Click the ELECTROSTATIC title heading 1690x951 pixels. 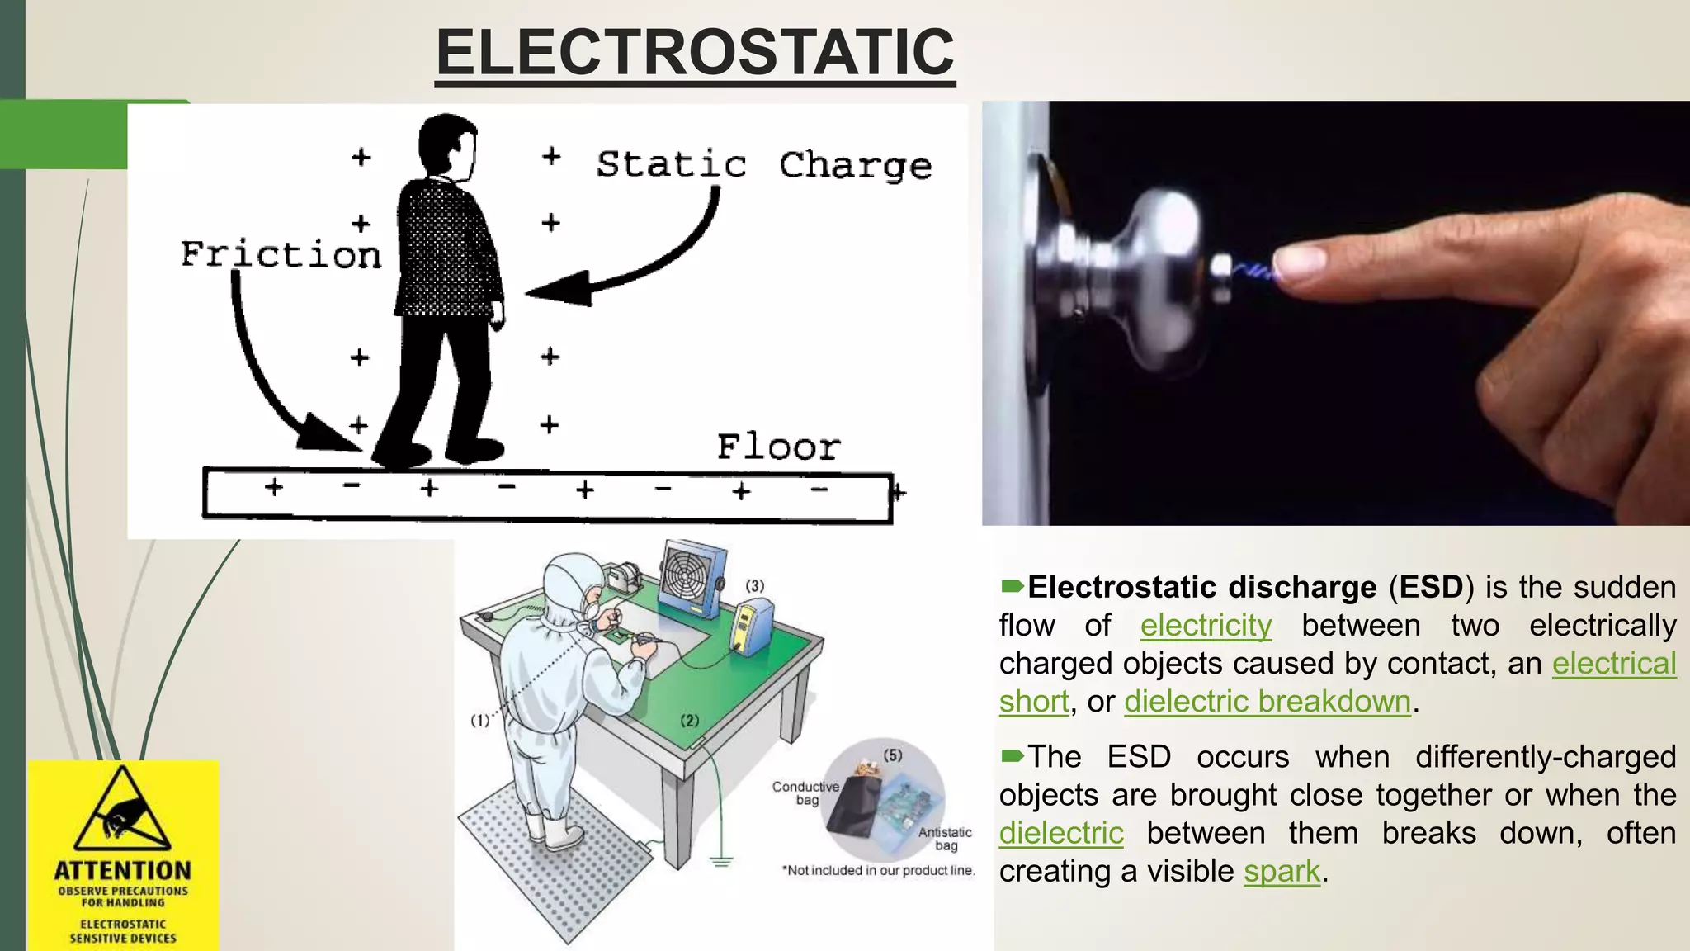point(695,52)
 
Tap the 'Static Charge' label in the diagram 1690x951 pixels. point(763,165)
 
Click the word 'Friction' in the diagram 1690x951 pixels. point(281,254)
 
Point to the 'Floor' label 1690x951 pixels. point(778,447)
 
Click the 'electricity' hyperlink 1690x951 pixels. point(1206,625)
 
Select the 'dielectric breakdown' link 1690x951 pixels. point(1267,701)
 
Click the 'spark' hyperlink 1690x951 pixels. point(1282,871)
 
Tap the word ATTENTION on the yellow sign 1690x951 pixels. point(122,871)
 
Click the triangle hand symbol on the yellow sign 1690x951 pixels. point(122,813)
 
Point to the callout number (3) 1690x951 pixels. point(754,585)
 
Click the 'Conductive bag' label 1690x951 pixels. point(805,792)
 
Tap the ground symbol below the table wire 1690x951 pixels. point(721,863)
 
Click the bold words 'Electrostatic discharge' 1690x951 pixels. point(1201,587)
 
